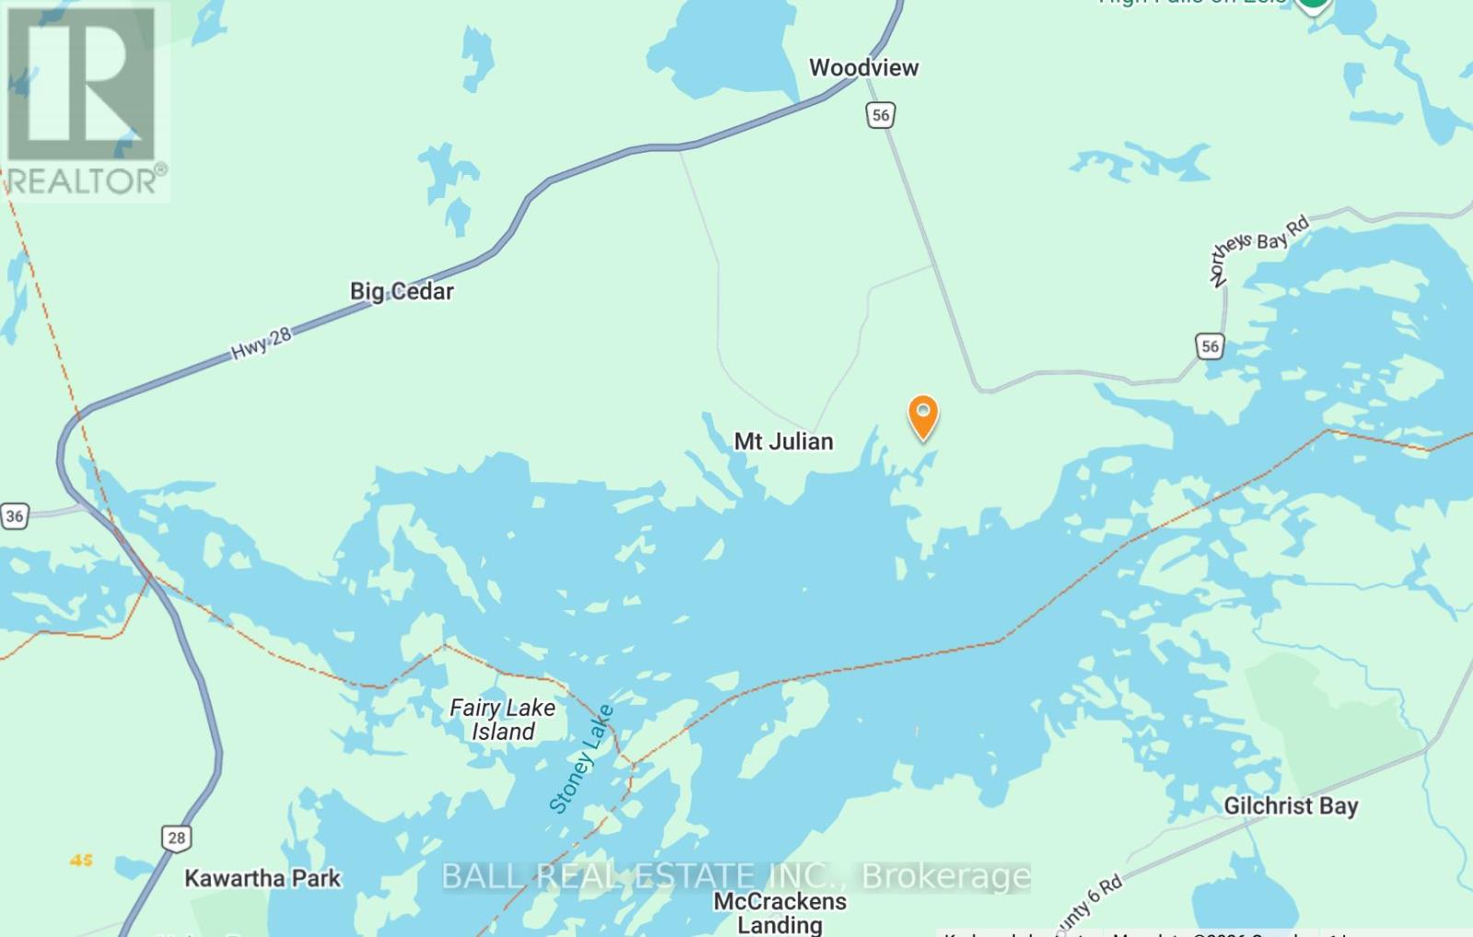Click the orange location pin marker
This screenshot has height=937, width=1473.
(923, 415)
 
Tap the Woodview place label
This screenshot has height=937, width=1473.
(864, 67)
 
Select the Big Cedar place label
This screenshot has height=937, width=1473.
(401, 292)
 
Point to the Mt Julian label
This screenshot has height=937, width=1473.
(783, 442)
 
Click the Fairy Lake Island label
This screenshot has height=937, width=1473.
(503, 720)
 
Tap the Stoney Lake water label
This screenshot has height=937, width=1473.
(581, 759)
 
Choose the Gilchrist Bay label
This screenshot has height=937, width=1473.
(1291, 806)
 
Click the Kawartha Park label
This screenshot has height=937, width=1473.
(262, 878)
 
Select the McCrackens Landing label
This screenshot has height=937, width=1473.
(780, 912)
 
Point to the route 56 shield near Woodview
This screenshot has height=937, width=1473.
(881, 115)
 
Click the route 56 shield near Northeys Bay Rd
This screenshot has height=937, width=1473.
(1210, 346)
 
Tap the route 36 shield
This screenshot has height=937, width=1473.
(15, 515)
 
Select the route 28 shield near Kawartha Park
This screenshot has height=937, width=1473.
(177, 838)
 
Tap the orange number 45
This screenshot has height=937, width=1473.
(81, 860)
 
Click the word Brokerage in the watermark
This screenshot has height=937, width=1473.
(945, 875)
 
